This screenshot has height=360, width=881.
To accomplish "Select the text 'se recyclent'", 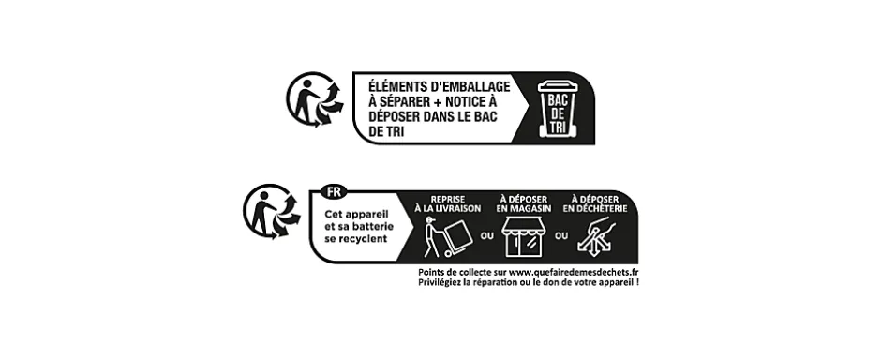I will (355, 240).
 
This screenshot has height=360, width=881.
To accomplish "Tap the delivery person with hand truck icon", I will (441, 237).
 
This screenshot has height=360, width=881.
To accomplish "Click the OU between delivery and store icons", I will (485, 235).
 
